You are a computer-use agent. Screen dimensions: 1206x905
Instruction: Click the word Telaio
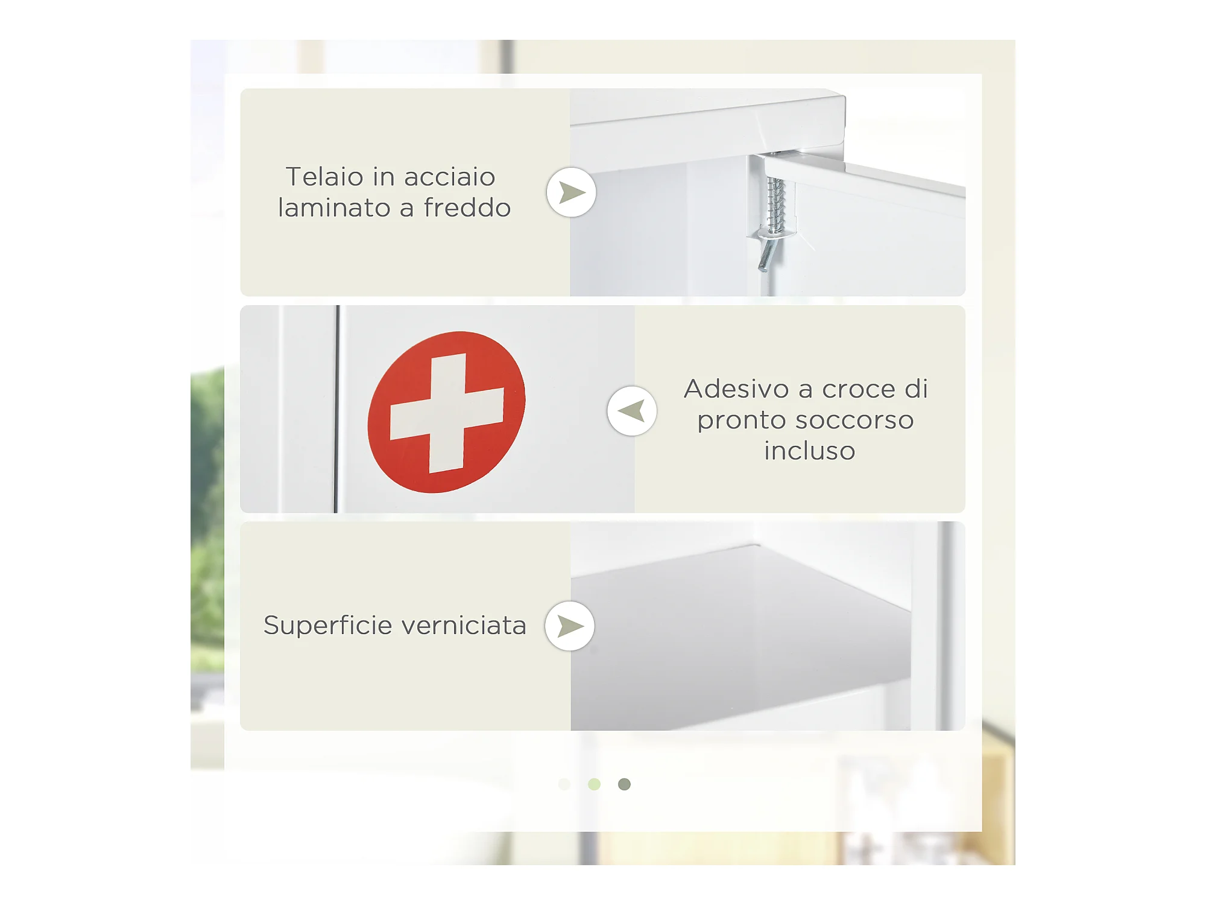click(x=325, y=177)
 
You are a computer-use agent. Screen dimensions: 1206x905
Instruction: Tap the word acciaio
click(x=450, y=177)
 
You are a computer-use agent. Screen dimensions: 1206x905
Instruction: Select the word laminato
click(x=335, y=208)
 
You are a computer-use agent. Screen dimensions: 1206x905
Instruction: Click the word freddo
click(x=467, y=208)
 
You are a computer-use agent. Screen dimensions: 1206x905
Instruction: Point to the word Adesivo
click(x=736, y=389)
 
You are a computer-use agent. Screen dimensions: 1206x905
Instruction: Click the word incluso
click(x=810, y=451)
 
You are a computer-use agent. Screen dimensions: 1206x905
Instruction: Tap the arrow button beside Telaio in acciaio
click(x=571, y=192)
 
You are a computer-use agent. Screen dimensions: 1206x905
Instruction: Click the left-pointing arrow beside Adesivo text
click(x=632, y=411)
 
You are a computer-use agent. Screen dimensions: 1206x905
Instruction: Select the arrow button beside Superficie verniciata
click(x=569, y=626)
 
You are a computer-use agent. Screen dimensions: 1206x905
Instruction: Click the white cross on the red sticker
click(x=447, y=413)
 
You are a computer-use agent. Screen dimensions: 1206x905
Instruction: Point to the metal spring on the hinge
click(x=775, y=205)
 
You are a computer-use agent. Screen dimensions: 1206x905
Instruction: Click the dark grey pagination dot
click(x=624, y=784)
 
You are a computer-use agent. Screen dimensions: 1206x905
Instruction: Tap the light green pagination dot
click(x=594, y=784)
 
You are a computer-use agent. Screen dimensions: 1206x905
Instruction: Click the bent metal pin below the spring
click(x=766, y=254)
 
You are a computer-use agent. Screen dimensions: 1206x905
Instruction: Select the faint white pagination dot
click(x=564, y=784)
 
